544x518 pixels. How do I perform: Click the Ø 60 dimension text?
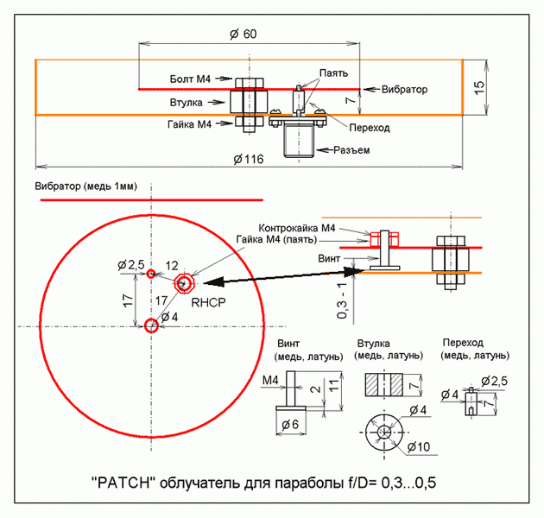[x=244, y=34]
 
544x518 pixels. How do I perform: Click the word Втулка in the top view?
[x=186, y=103]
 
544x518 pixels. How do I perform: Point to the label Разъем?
[x=351, y=151]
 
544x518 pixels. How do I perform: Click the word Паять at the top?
[x=333, y=73]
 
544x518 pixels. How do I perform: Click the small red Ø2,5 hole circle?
[x=151, y=274]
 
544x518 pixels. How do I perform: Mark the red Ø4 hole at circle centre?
[x=151, y=325]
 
